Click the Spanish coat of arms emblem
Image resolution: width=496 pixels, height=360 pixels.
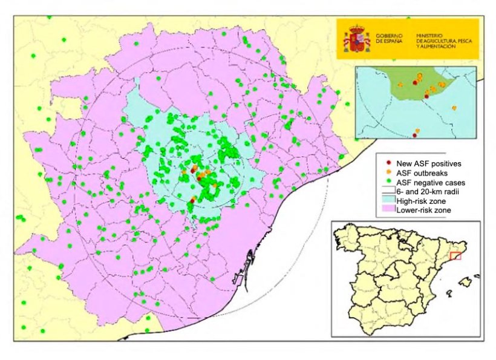[355, 39]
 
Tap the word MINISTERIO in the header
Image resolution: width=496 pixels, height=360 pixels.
[430, 36]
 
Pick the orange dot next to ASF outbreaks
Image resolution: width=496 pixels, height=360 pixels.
[387, 172]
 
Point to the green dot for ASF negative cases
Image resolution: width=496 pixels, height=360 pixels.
[387, 182]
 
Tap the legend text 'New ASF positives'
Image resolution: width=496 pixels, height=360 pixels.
[428, 163]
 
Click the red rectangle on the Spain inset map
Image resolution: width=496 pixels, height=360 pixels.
[455, 256]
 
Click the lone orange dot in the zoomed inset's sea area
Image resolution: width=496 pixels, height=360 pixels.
[454, 108]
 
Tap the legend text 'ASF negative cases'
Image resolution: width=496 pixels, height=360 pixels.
[430, 182]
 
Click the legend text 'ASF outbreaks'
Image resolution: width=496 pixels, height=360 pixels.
[422, 172]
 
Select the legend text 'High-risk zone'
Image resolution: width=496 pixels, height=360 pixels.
[422, 200]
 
